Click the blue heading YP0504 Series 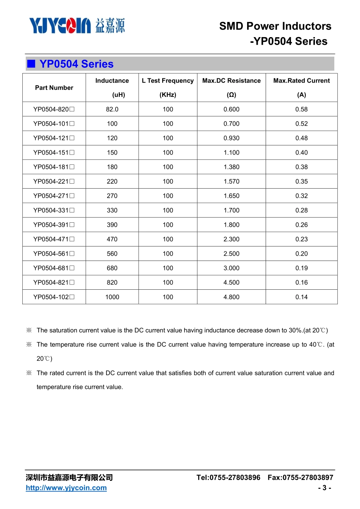77,64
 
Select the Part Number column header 54,88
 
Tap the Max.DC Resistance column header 231,81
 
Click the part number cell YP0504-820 53,109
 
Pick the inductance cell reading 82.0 112,109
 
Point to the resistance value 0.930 231,138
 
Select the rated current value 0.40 301,153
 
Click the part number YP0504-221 53,181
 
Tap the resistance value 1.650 231,196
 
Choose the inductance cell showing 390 112,225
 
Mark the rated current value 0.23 301,239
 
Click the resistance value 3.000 231,268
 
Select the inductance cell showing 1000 112,297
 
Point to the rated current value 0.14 301,297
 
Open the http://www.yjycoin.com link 66,488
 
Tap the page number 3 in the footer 324,488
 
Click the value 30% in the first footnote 295,330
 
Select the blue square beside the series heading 31,64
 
